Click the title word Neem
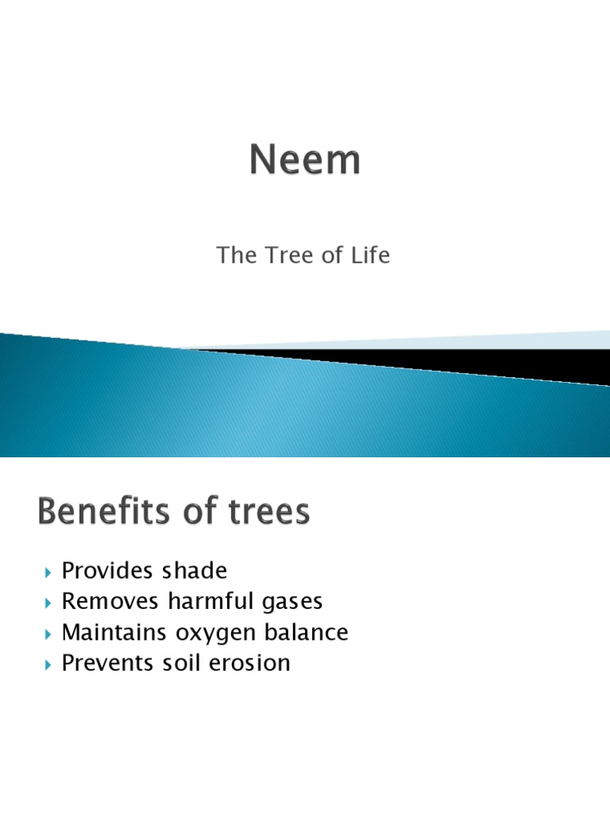(305, 160)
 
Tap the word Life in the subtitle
(370, 256)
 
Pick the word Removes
(112, 601)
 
